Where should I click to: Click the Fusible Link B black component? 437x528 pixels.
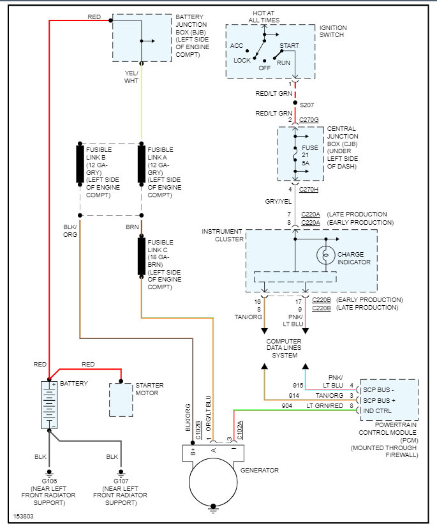click(x=80, y=165)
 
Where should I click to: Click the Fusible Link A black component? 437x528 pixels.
click(x=142, y=165)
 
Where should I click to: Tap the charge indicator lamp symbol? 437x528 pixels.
click(x=325, y=255)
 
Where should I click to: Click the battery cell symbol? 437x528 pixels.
click(x=48, y=405)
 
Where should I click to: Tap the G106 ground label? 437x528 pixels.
click(x=48, y=479)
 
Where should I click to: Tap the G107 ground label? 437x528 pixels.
click(x=120, y=479)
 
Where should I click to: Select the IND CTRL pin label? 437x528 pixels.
click(x=378, y=411)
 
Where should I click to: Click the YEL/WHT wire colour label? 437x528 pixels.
click(x=131, y=77)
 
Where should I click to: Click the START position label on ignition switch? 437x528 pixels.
click(x=290, y=46)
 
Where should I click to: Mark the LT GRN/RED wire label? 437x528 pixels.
click(x=323, y=405)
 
